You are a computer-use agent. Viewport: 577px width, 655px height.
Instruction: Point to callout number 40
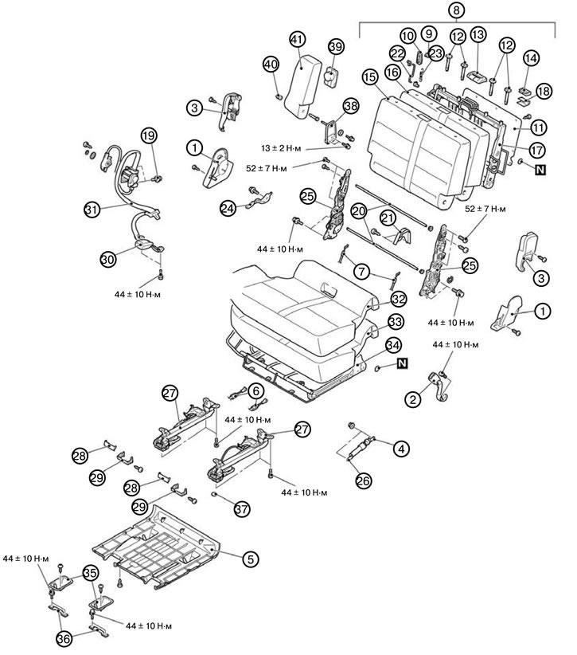click(271, 64)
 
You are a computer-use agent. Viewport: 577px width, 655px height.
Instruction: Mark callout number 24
click(228, 208)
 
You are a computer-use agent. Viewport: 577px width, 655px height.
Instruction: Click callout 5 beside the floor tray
click(250, 559)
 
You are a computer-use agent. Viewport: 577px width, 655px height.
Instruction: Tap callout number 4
click(401, 449)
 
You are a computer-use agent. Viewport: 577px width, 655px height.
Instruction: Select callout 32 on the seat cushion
click(398, 300)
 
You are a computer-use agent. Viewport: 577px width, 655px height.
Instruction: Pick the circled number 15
click(369, 76)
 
